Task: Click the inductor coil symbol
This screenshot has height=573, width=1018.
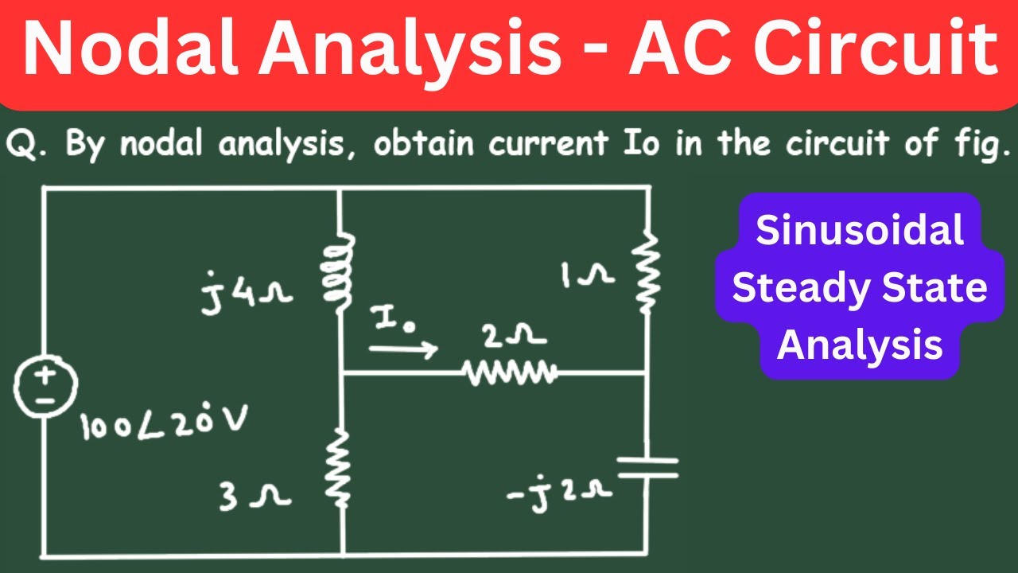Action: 339,272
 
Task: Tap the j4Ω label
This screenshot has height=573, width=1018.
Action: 247,294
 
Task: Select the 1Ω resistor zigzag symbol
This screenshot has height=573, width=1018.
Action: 647,274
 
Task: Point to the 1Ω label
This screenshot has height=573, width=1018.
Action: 587,275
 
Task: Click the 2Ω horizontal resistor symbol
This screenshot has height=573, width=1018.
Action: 510,373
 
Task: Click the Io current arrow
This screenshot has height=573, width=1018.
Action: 403,349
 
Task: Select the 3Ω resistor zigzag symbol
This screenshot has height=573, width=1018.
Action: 339,469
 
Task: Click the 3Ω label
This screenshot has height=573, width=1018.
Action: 254,497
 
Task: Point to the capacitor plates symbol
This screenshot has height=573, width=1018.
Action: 647,467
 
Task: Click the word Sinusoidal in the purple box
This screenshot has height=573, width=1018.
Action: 860,230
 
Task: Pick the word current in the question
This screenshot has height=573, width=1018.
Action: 549,142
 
